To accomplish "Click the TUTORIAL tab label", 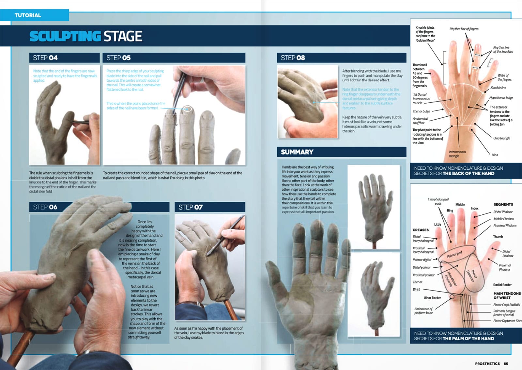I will point(28,15).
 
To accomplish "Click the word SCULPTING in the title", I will point(65,36).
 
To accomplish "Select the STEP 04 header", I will point(45,58).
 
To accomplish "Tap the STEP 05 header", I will point(118,58).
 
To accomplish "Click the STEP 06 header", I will point(45,207).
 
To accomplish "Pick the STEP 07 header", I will point(190,207).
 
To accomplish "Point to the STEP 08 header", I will point(293,58).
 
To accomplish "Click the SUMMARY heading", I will point(297,152).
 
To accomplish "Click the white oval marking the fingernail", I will point(188,109).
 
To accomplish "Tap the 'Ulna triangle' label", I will point(501,138).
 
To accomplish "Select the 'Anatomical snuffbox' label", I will point(420,121).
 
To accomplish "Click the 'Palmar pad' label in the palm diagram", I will point(454,254).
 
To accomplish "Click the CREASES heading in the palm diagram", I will point(421,230).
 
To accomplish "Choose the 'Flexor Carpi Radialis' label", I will point(506,305).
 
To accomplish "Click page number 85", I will point(506,363).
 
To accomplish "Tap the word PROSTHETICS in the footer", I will point(487,363).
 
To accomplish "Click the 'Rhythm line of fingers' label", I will point(464,29).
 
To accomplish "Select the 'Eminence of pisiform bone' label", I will point(423,311).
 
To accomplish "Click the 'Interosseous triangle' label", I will point(457,154).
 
